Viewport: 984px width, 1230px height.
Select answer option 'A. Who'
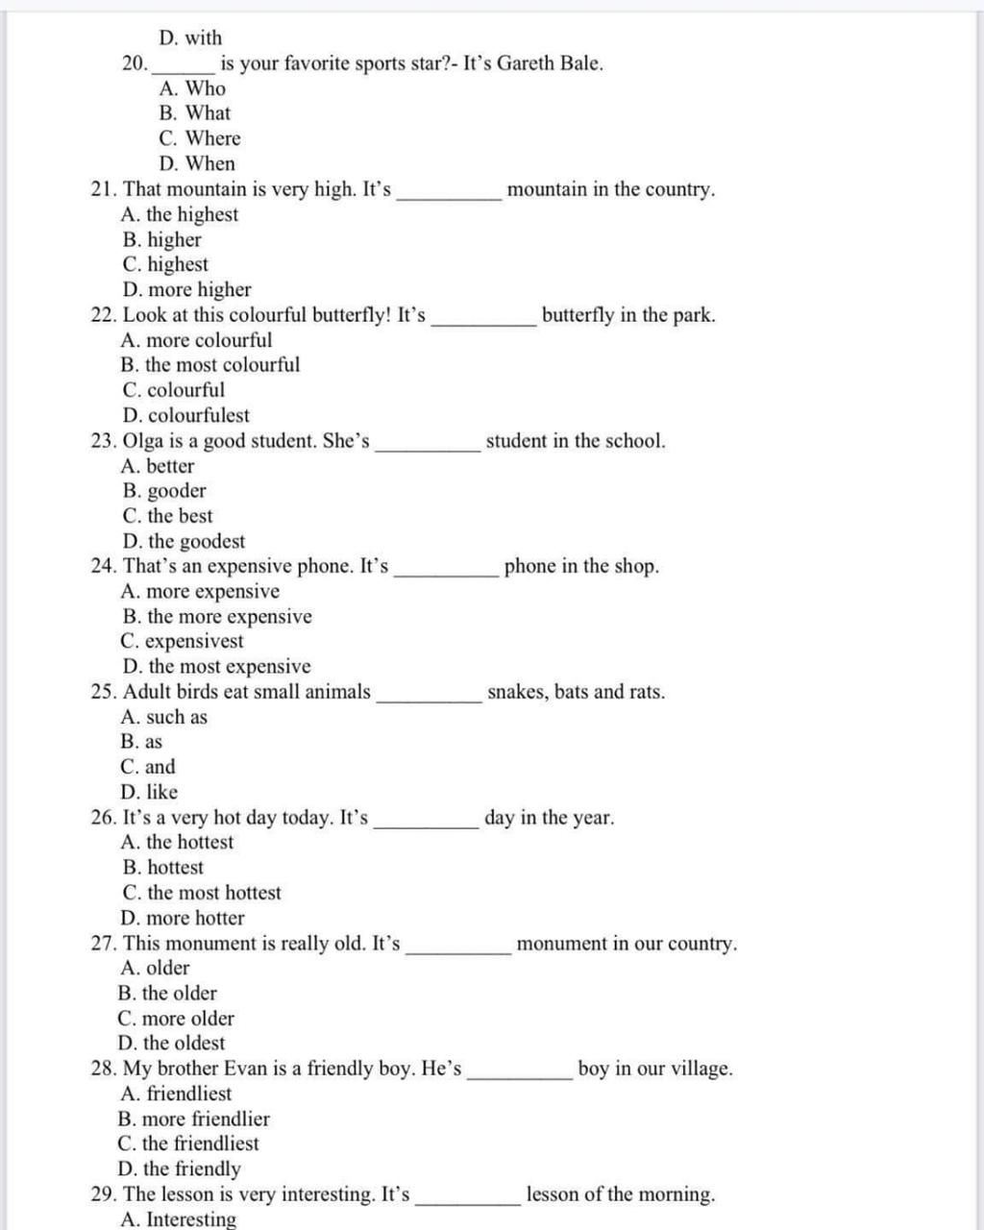(192, 88)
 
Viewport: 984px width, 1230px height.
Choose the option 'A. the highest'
(180, 214)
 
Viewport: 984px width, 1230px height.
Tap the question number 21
(104, 189)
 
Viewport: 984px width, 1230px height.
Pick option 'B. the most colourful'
(210, 365)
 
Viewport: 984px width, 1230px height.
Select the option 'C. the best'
(167, 516)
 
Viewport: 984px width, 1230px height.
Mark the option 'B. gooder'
(163, 491)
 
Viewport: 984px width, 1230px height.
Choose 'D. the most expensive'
(216, 667)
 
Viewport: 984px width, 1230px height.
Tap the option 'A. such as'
(164, 718)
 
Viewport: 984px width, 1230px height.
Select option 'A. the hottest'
(178, 843)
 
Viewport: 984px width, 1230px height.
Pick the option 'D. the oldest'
(171, 1044)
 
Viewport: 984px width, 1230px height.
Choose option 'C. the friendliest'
(188, 1144)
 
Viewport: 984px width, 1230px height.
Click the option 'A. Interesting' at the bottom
(179, 1219)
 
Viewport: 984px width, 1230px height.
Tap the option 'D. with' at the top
(190, 38)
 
